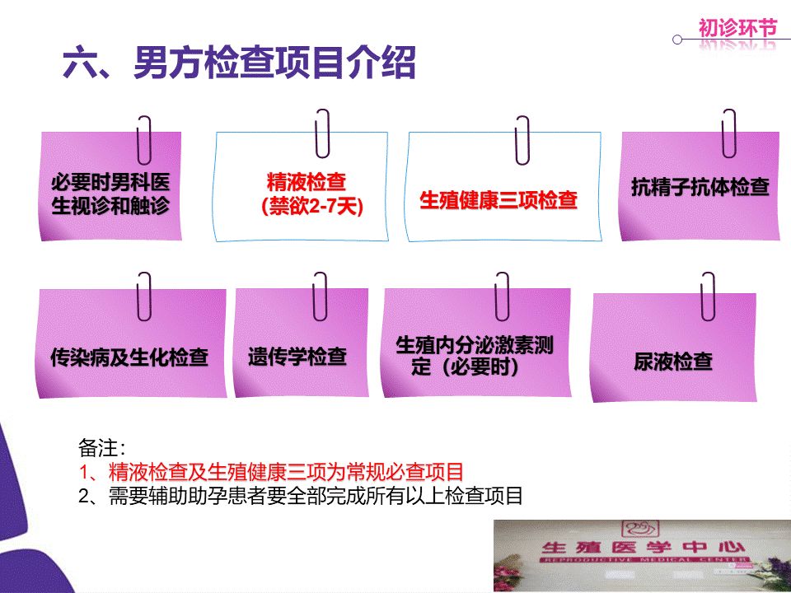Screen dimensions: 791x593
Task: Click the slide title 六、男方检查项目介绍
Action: pyautogui.click(x=239, y=63)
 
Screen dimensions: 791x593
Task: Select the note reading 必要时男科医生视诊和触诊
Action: pyautogui.click(x=110, y=194)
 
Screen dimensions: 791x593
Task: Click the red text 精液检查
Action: pyautogui.click(x=307, y=181)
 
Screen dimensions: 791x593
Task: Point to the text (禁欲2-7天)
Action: pyautogui.click(x=311, y=207)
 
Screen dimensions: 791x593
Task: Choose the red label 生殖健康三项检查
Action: pyautogui.click(x=498, y=200)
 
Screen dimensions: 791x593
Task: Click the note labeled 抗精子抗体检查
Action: pyautogui.click(x=700, y=187)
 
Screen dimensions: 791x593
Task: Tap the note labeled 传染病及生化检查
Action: pyautogui.click(x=129, y=357)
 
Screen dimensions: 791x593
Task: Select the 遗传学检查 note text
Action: pyautogui.click(x=297, y=357)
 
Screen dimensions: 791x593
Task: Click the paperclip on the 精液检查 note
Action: pyautogui.click(x=322, y=133)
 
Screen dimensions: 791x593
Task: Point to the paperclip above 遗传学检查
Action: pyautogui.click(x=320, y=296)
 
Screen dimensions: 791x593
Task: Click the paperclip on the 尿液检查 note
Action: pyautogui.click(x=708, y=296)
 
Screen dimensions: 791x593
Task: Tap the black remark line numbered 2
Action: pyautogui.click(x=301, y=496)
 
